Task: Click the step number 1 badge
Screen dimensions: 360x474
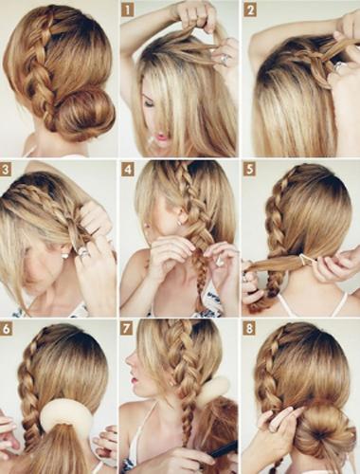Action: [128, 10]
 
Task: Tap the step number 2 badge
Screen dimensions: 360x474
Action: [250, 10]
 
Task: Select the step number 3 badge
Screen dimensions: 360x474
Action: [6, 170]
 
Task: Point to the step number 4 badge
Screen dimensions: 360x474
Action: [128, 170]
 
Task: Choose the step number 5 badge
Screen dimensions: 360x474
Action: [250, 170]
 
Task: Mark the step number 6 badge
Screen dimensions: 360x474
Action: [6, 329]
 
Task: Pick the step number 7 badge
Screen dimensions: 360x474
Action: [128, 329]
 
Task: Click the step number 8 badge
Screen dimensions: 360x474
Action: [250, 329]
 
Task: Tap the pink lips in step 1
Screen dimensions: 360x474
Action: [162, 137]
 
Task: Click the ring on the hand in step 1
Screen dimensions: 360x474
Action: [224, 59]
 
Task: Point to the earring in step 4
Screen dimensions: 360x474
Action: [180, 223]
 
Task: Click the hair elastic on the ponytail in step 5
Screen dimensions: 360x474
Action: [305, 260]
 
